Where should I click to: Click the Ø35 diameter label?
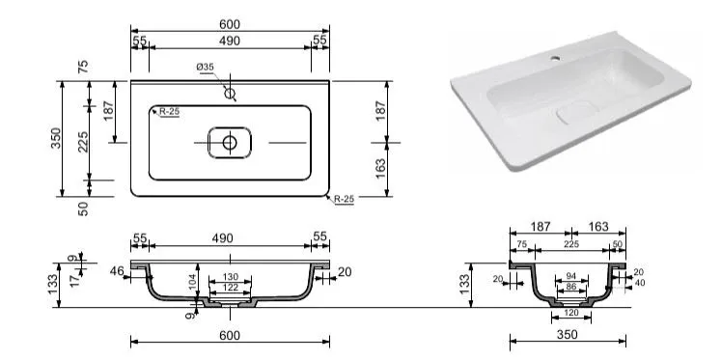click(x=205, y=68)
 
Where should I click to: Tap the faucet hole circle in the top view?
click(x=230, y=94)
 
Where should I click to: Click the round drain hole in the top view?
click(x=230, y=143)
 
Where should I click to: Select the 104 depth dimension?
click(x=192, y=280)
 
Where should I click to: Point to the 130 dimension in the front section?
click(x=231, y=276)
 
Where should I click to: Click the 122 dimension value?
click(x=231, y=288)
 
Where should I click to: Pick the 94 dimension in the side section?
click(x=571, y=276)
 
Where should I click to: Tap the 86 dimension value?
click(x=571, y=286)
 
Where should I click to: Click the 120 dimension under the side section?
click(x=571, y=313)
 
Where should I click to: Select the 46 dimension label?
click(x=117, y=271)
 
